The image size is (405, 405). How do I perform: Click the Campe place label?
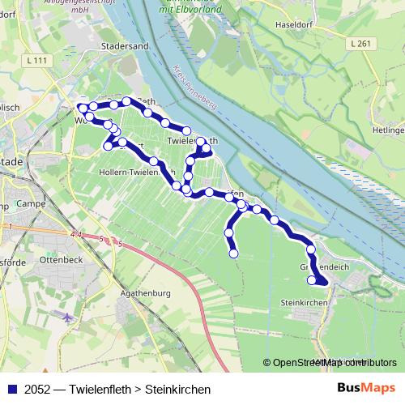click(x=31, y=203)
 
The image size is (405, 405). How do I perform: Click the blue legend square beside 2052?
click(x=11, y=390)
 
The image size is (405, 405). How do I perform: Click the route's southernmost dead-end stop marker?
click(x=234, y=254)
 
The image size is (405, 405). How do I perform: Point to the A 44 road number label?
click(x=76, y=234)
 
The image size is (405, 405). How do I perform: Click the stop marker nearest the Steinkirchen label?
click(x=312, y=280)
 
